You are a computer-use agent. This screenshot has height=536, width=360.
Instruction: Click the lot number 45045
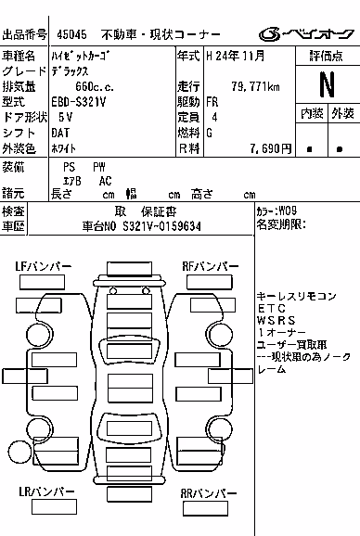pos(71,34)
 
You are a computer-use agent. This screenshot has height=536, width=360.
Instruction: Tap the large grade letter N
pos(328,84)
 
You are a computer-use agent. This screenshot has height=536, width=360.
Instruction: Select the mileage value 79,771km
pos(255,87)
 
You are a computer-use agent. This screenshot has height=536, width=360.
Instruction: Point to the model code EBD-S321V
pos(79,102)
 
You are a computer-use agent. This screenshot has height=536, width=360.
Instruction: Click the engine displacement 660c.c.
pos(95,87)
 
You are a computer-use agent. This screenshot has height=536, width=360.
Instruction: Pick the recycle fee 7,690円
pos(270,148)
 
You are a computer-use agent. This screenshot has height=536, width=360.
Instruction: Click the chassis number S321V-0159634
pos(161,226)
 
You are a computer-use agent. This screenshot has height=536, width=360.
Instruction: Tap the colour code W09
pos(288,211)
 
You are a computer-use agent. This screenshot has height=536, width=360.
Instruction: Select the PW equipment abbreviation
pos(99,167)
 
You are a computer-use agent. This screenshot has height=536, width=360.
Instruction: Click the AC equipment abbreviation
pos(105,181)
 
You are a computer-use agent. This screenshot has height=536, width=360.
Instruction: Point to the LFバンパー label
pos(43,266)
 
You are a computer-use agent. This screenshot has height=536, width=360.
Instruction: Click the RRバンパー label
pos(208,493)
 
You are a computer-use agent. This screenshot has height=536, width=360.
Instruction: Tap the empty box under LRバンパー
pos(54,507)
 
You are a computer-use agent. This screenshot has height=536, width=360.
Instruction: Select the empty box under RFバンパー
pos(210,282)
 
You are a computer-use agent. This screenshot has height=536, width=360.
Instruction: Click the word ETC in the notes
pos(271,309)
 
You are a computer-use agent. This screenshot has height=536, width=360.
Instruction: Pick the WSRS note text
pos(276,321)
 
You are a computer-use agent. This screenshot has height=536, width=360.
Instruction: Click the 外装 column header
pos(342,113)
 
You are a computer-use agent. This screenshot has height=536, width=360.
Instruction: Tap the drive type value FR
pos(212,102)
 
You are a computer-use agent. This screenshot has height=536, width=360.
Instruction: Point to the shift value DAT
pos(60,133)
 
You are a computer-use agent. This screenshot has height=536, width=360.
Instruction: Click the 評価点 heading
pos(327,56)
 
